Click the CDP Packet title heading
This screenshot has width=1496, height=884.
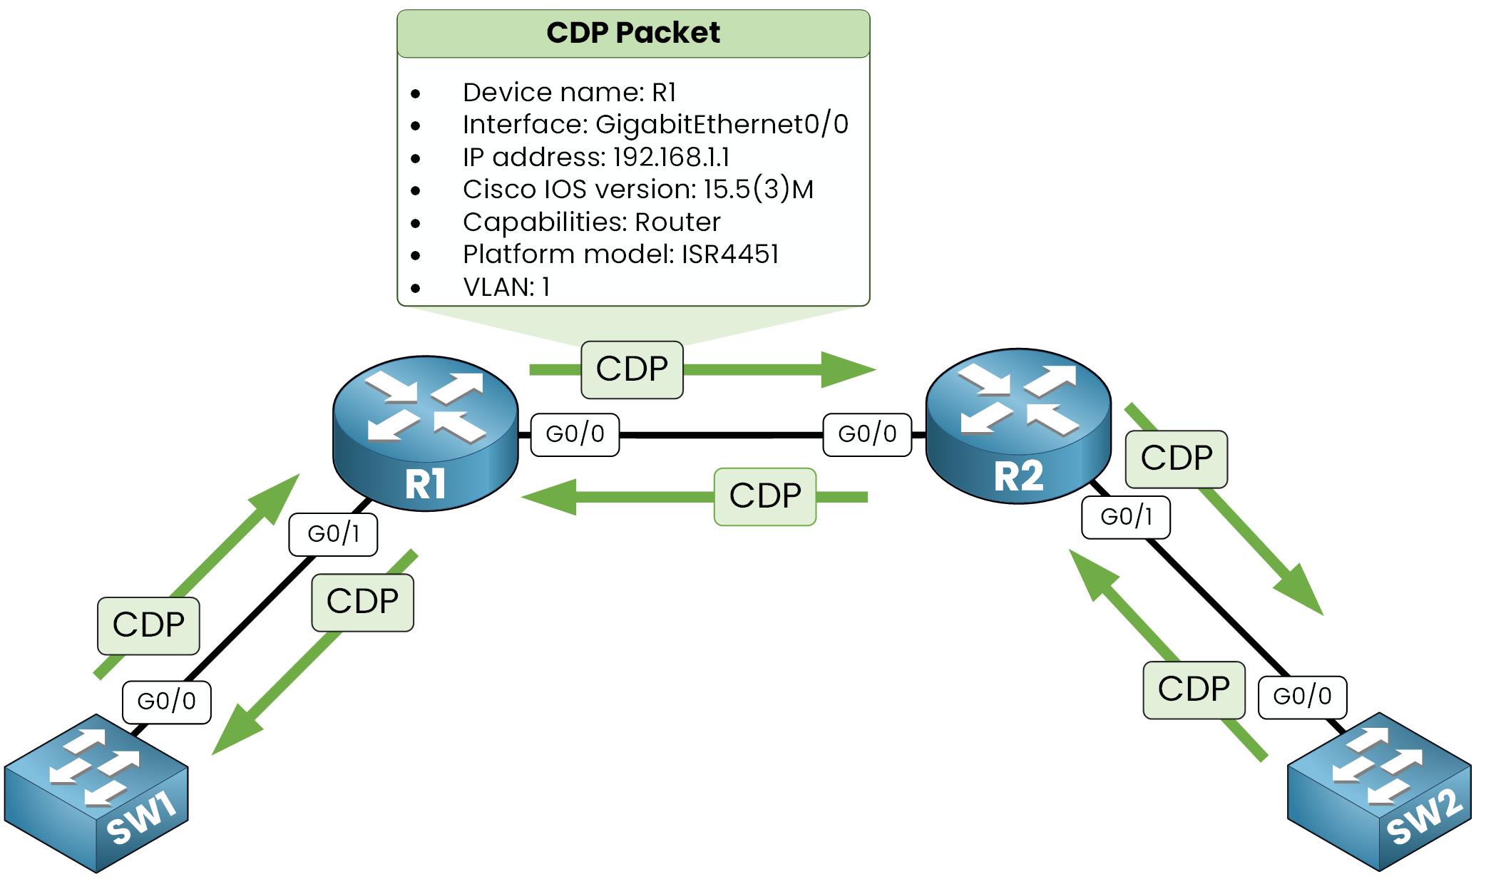tap(633, 33)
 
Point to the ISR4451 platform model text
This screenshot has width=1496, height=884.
tap(730, 254)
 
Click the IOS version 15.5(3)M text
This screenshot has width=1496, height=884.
tap(758, 190)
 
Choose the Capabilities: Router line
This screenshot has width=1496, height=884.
tap(591, 222)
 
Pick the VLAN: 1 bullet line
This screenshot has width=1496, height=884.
tap(506, 287)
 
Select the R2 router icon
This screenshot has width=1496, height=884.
tap(1018, 425)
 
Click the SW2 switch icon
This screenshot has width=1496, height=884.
tap(1379, 791)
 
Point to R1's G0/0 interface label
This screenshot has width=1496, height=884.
tap(575, 434)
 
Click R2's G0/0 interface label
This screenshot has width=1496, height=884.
tap(867, 434)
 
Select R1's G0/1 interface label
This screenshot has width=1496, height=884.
tap(333, 534)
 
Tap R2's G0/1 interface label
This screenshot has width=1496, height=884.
tap(1126, 517)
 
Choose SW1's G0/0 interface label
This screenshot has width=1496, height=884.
tap(166, 701)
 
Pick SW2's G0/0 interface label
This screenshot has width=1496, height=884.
tap(1302, 697)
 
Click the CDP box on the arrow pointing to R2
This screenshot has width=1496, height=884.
tap(632, 369)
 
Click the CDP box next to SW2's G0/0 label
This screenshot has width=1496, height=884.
tap(1194, 689)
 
